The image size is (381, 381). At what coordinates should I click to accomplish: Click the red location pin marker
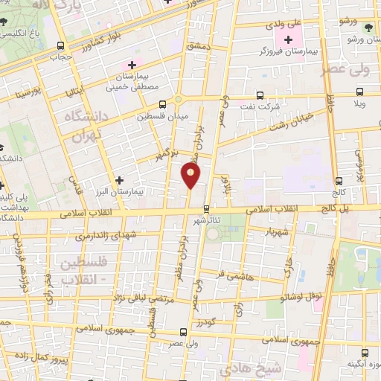190,176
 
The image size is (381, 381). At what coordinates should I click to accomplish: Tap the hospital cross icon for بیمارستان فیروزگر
288,39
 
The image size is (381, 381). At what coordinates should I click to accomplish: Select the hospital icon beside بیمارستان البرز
119,179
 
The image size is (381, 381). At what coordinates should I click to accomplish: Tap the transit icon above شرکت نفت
259,95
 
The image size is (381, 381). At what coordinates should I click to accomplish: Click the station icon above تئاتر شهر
206,209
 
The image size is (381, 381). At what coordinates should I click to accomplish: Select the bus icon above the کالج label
339,180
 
